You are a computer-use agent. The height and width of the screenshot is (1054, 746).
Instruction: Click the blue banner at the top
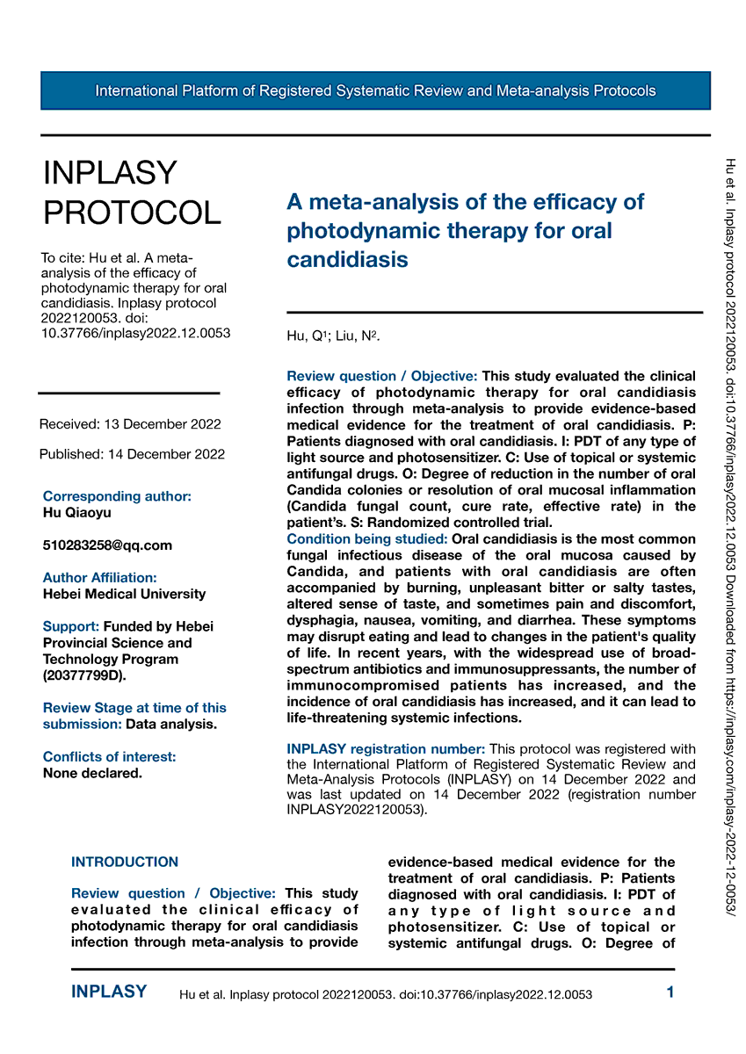coord(375,90)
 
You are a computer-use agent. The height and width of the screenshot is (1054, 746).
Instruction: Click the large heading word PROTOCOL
coord(132,212)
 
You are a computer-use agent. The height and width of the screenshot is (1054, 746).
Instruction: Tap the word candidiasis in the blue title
coord(348,260)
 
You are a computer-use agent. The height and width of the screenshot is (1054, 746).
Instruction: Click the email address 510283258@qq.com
coord(107,545)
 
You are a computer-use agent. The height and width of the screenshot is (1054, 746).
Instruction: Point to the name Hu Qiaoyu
coord(77,513)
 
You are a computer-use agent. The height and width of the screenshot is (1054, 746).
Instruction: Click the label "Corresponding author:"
coord(117,496)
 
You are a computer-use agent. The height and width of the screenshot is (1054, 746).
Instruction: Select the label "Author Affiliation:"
coord(100,577)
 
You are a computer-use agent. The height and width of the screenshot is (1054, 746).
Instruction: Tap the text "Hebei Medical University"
coord(124,594)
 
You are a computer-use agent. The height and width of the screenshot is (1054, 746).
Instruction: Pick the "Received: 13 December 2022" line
coord(130,424)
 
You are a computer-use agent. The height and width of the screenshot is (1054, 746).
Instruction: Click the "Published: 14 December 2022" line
coord(132,454)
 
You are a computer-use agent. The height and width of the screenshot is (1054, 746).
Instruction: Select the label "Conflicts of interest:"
coord(110,757)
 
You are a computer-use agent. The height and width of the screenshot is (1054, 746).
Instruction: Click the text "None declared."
coord(92,774)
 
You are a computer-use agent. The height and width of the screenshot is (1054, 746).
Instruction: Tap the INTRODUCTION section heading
coord(125,863)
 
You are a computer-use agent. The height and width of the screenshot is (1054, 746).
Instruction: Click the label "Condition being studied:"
coord(368,538)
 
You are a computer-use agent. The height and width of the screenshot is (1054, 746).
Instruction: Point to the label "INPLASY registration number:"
coord(386,748)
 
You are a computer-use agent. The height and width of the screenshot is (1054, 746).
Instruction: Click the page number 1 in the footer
coord(670,993)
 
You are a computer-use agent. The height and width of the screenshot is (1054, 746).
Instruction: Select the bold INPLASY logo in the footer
coord(109,993)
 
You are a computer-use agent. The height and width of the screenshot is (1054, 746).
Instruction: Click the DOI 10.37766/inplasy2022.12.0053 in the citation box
coord(136,333)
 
